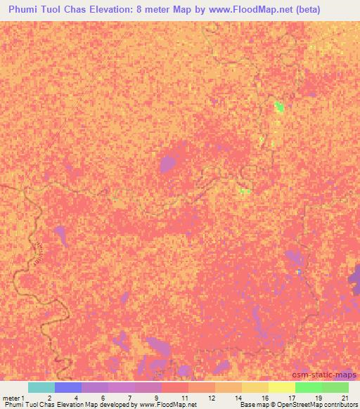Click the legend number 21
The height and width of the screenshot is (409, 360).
click(x=343, y=397)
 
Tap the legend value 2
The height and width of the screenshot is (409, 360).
click(x=49, y=397)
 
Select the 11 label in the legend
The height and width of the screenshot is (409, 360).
click(x=183, y=397)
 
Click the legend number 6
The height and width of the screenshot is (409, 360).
click(x=103, y=397)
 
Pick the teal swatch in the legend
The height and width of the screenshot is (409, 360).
click(x=41, y=387)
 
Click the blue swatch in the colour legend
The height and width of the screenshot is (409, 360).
click(x=68, y=387)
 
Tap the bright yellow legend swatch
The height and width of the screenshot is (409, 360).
click(x=282, y=387)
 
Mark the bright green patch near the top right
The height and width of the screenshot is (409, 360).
click(x=279, y=107)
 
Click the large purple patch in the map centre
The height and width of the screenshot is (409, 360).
click(x=167, y=164)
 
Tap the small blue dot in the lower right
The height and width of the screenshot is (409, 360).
click(x=299, y=271)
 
